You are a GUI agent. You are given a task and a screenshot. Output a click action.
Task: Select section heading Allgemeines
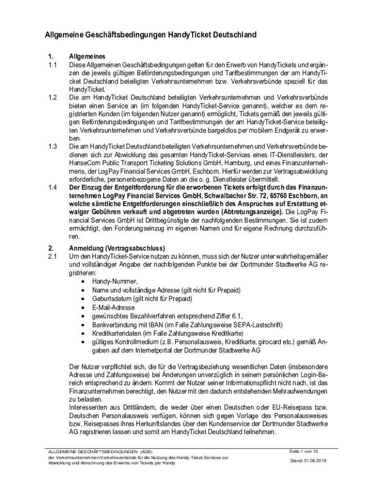87,56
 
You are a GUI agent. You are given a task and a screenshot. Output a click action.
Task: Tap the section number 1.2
53,97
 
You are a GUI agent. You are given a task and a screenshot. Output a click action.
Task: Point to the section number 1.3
53,146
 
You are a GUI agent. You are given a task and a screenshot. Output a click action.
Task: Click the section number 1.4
53,187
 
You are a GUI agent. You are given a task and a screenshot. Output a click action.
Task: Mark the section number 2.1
53,256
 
